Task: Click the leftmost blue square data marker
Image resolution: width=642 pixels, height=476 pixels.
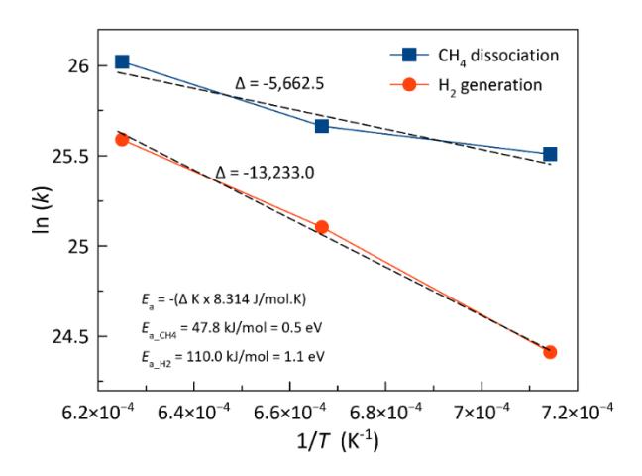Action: [122, 61]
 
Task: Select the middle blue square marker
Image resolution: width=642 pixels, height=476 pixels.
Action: [322, 126]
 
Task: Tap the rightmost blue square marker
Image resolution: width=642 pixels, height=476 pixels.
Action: [550, 154]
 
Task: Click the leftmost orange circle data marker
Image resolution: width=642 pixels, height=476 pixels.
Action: [122, 140]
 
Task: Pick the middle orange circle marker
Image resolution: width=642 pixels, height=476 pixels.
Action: [322, 227]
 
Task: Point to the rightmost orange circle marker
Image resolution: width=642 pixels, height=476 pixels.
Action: [550, 352]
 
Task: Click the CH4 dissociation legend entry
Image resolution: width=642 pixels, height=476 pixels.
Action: [475, 56]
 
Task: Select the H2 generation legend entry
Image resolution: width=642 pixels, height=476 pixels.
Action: [467, 85]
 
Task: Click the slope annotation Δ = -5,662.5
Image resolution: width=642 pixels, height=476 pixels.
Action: [279, 83]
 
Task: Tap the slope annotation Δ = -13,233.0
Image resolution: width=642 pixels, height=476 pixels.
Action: [265, 173]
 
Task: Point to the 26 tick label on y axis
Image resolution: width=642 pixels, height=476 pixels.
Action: [78, 65]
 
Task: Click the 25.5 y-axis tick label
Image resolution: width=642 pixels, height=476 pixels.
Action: [70, 156]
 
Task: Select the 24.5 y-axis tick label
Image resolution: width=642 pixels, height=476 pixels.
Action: [70, 336]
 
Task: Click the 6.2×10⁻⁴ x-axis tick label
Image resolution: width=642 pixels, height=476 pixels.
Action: [98, 411]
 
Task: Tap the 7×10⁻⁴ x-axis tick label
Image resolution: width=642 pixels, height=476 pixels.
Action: [481, 411]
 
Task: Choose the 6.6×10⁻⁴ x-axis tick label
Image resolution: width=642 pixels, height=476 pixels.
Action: [290, 411]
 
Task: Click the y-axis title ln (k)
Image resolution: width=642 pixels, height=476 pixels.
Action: [42, 210]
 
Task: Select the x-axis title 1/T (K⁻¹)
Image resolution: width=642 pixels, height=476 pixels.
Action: [338, 442]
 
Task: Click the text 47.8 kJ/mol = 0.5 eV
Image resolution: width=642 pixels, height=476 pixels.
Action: [252, 328]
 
